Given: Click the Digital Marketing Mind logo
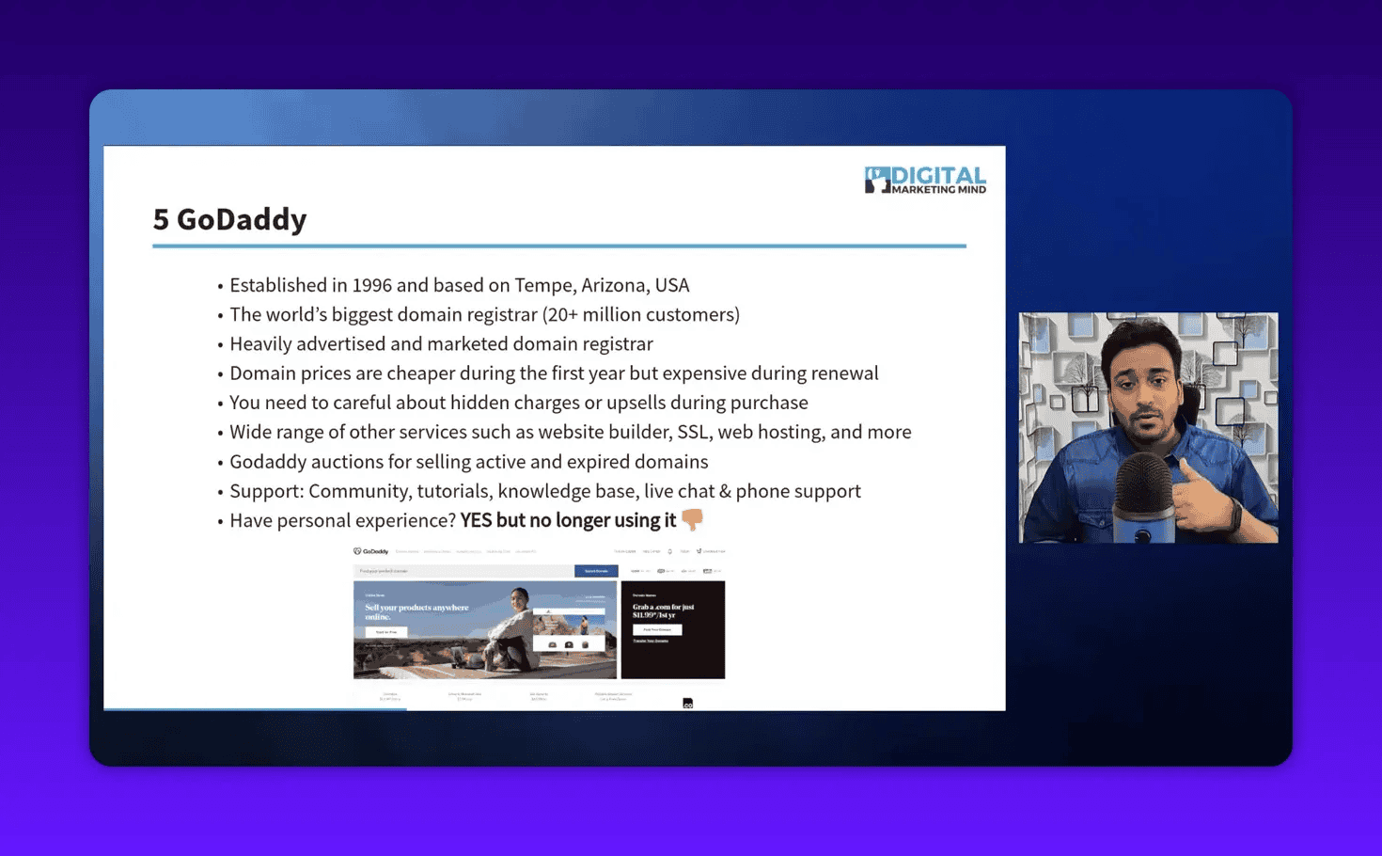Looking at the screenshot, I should [925, 180].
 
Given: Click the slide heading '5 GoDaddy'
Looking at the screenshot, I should [229, 219].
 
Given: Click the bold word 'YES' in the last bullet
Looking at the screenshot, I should [476, 520].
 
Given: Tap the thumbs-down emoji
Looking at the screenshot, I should [692, 519].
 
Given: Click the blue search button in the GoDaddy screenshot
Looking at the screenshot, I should [596, 571].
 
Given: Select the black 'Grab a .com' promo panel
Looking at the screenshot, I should [673, 629].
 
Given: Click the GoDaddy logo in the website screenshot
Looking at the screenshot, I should [371, 551].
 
